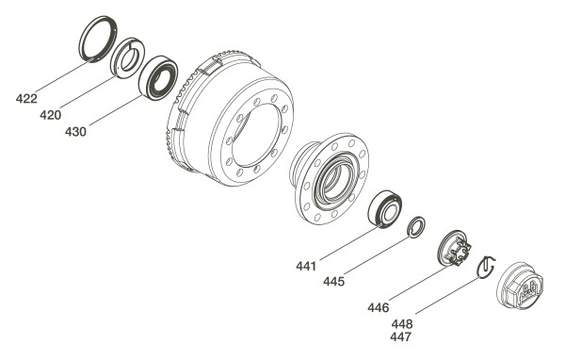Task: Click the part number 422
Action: coord(26,98)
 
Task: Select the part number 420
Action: coord(51,115)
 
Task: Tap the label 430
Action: coord(75,132)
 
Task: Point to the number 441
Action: coord(306,266)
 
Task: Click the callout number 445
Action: coord(333,282)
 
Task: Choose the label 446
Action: coord(379,307)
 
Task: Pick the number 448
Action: coord(402,323)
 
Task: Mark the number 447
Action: coord(401,337)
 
